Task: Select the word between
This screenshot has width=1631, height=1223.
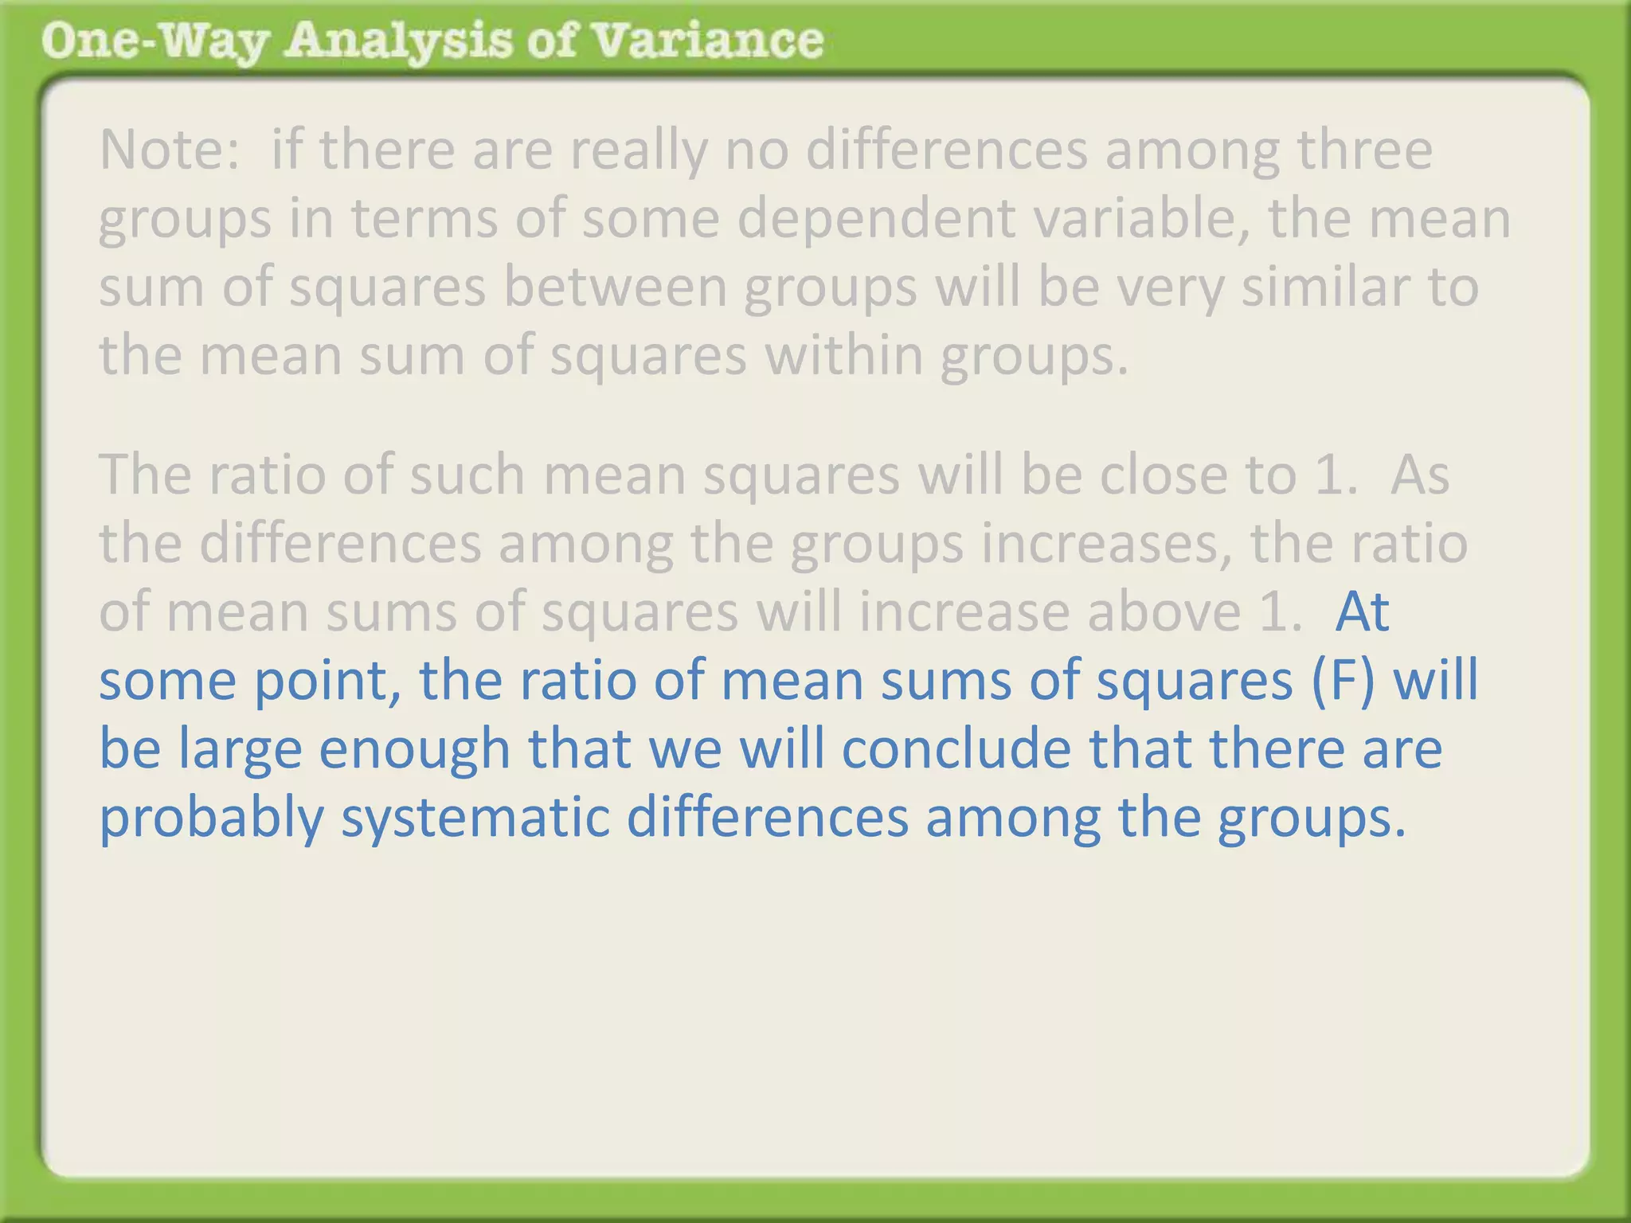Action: (616, 287)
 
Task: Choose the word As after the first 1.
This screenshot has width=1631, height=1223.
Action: (1419, 475)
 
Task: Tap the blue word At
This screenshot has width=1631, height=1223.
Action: (1362, 612)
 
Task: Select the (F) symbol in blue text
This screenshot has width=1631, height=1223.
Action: (1343, 681)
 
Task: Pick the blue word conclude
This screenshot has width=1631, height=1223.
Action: (956, 749)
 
